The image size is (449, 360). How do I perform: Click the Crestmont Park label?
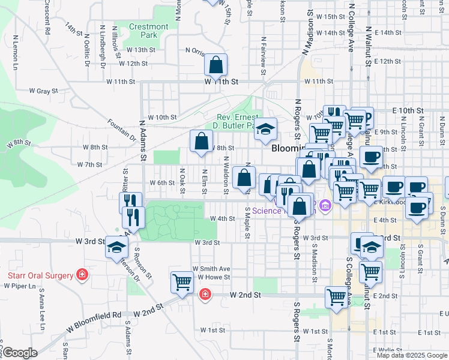coord(149,31)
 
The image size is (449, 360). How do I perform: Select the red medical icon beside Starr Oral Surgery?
coord(82,275)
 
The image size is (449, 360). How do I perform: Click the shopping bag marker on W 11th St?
coord(215,67)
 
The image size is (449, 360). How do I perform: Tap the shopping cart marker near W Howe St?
coord(181,281)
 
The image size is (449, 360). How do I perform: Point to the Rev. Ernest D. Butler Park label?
coord(235,121)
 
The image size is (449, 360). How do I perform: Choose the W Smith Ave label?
coord(211,268)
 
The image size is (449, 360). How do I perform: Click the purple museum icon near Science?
coord(325,206)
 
